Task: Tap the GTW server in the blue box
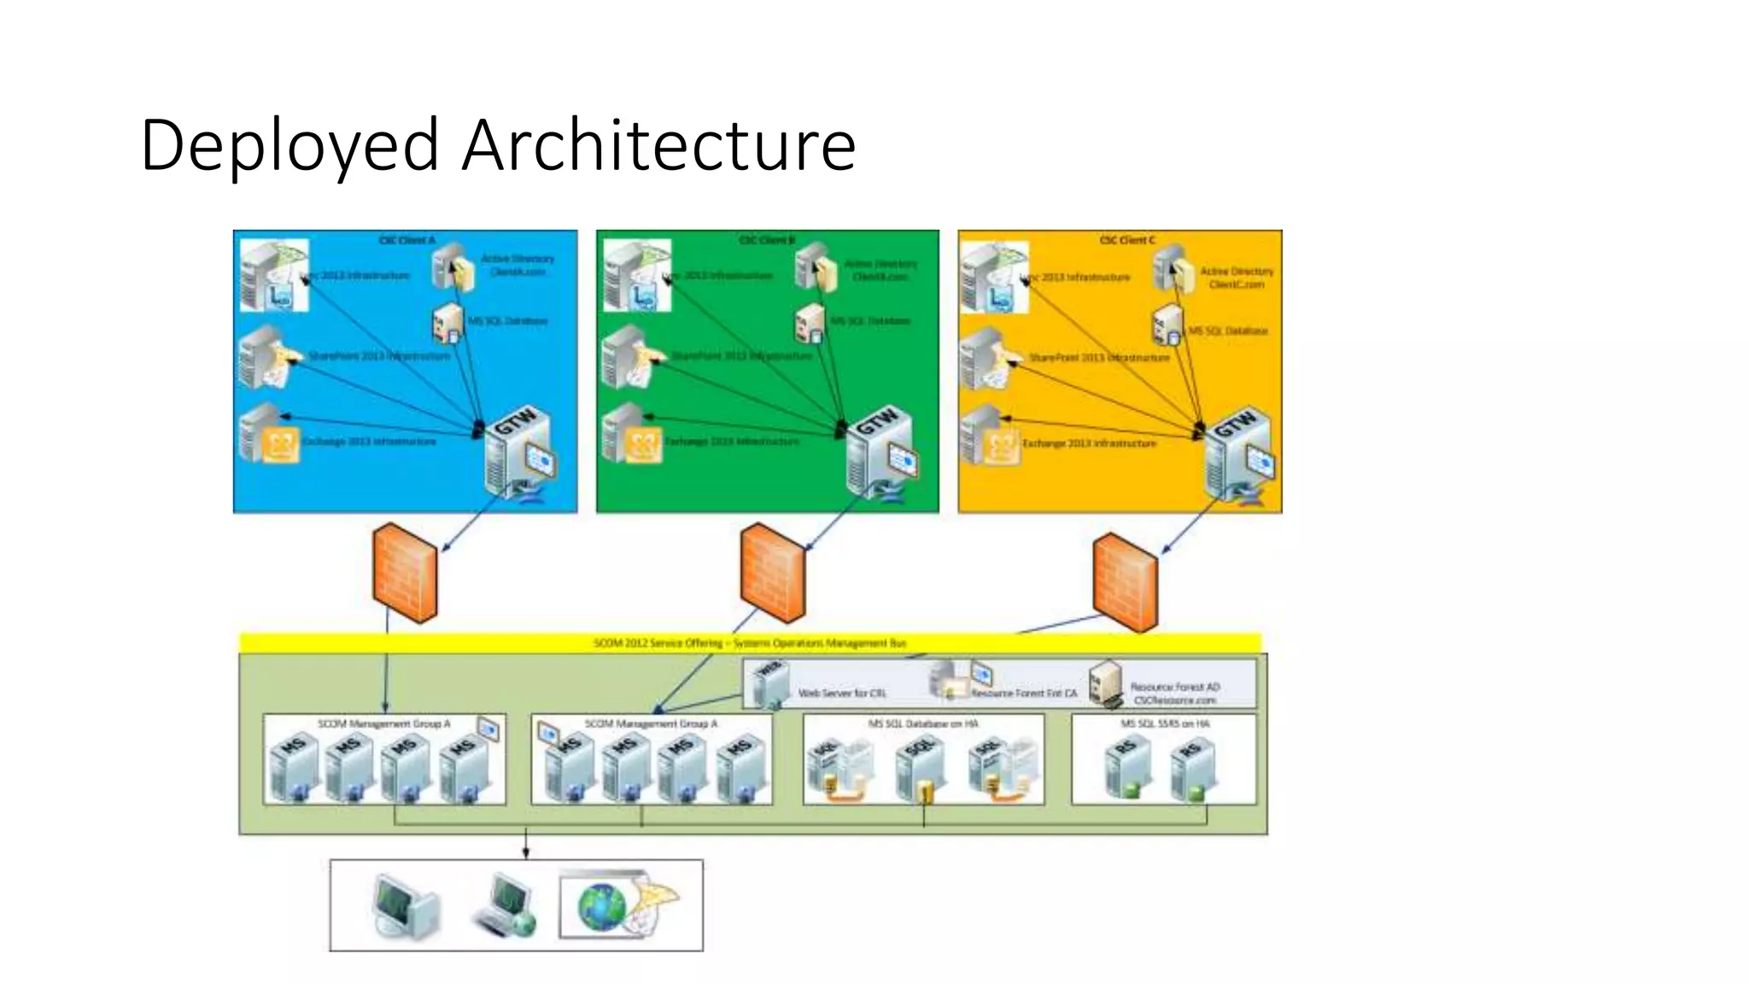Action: coord(518,454)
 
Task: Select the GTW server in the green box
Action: coord(880,454)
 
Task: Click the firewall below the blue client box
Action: coord(405,572)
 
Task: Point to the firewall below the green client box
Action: coord(771,572)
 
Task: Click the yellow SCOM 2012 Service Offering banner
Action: coord(750,642)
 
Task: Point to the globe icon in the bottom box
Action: coord(601,906)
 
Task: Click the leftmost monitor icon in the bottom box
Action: coord(406,906)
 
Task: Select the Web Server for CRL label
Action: coord(841,694)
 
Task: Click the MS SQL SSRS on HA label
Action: coord(1165,723)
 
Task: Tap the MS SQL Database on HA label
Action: coord(922,723)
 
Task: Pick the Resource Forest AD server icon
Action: coord(1106,683)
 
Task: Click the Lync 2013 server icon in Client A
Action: coord(272,275)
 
